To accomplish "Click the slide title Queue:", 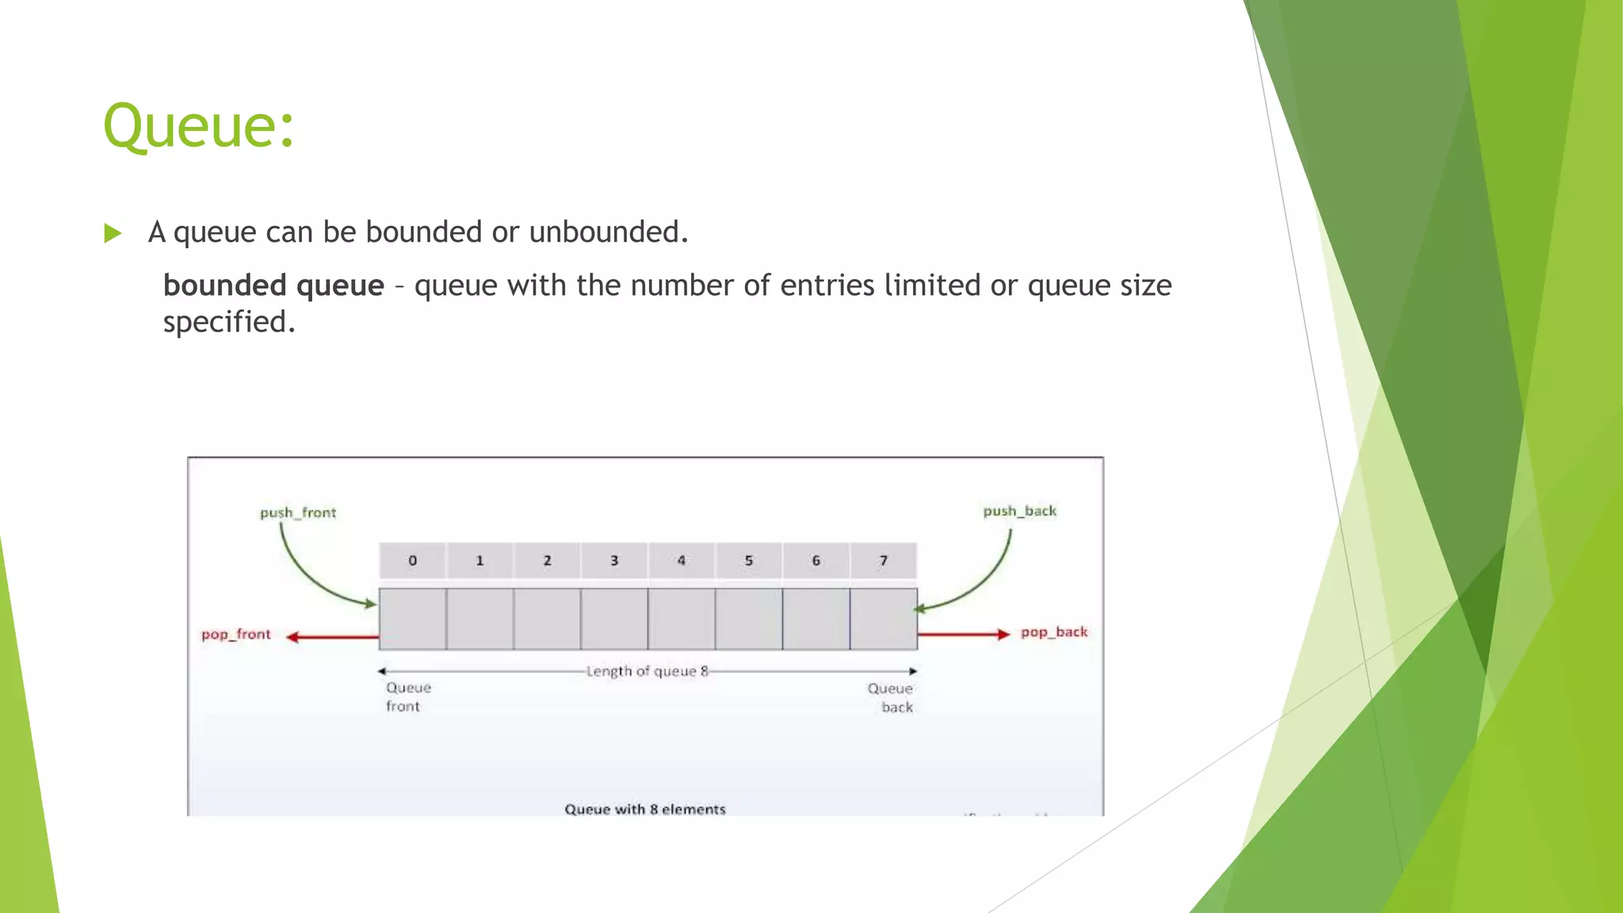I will click(199, 126).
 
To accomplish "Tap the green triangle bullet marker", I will click(113, 233).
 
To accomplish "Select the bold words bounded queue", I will click(273, 285).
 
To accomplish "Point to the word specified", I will click(229, 323).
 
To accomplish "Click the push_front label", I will click(298, 513).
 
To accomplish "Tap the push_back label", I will click(1019, 511).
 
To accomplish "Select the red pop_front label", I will click(235, 634).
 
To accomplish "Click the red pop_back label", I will click(1053, 632).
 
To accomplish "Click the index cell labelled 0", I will click(412, 560).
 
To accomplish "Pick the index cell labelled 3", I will click(614, 560).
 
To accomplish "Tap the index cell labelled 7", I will click(883, 560).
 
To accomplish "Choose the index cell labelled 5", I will click(748, 560).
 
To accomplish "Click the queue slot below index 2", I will click(547, 619).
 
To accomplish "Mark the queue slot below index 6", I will click(815, 619).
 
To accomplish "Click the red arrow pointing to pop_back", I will click(964, 634).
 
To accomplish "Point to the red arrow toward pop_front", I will click(333, 636).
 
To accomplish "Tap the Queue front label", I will click(408, 697).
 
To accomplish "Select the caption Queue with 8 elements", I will click(645, 808).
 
